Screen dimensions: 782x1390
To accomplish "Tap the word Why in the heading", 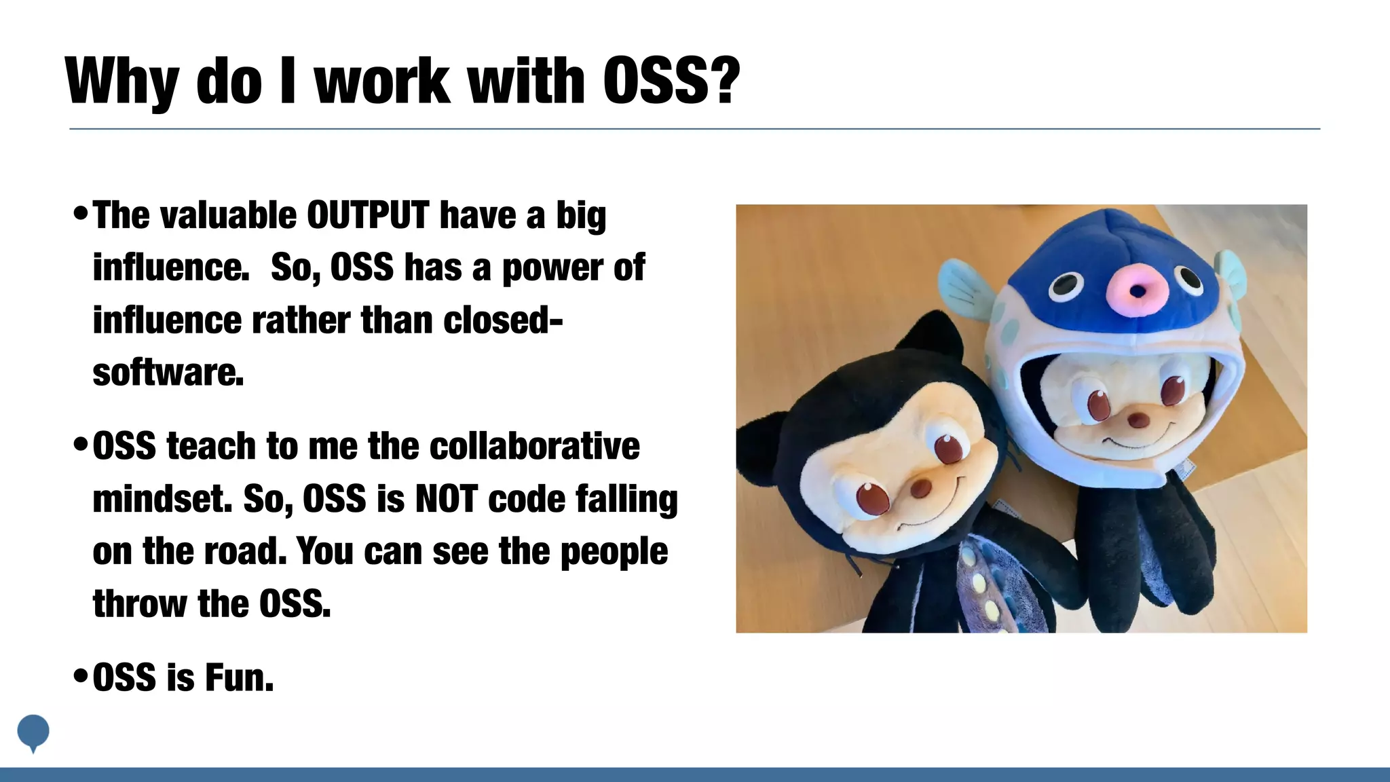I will (x=121, y=81).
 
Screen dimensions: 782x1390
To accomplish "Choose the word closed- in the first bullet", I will (x=502, y=320).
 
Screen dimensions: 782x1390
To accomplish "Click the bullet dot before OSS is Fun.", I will (x=80, y=677).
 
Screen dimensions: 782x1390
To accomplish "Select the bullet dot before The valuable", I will (x=80, y=215).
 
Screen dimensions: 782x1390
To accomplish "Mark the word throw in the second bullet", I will (x=139, y=604).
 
